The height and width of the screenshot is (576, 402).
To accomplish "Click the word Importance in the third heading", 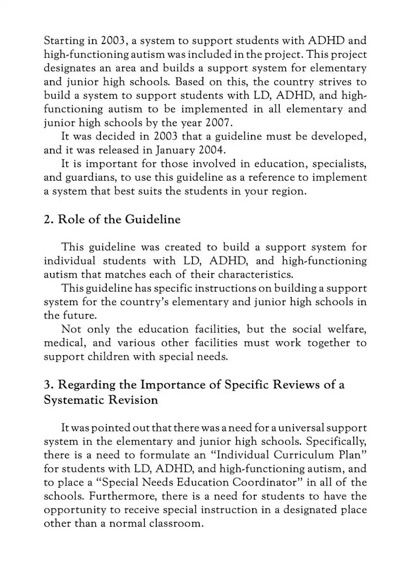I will (159, 384).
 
